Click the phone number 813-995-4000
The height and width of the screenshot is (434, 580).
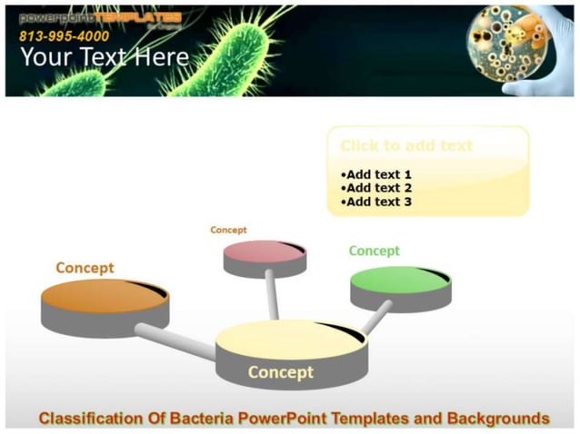64,36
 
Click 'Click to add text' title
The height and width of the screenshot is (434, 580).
406,145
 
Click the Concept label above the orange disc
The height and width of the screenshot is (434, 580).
85,268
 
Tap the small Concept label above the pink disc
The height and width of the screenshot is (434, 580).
228,231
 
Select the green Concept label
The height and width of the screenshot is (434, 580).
374,251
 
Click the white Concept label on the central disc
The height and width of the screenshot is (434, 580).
281,372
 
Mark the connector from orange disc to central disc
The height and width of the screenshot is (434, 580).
177,340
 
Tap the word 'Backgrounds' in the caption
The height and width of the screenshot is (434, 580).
496,419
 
